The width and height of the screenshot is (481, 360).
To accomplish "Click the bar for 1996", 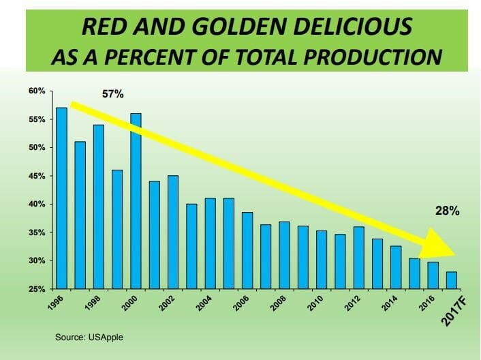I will click(x=61, y=198).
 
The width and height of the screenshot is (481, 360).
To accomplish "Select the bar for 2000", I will click(x=136, y=200).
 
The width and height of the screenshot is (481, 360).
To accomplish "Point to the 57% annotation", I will click(x=112, y=94).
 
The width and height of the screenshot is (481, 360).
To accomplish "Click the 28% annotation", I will click(x=448, y=211).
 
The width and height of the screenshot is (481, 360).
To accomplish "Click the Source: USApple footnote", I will click(x=89, y=336).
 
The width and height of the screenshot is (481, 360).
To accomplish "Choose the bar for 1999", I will click(x=117, y=229).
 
